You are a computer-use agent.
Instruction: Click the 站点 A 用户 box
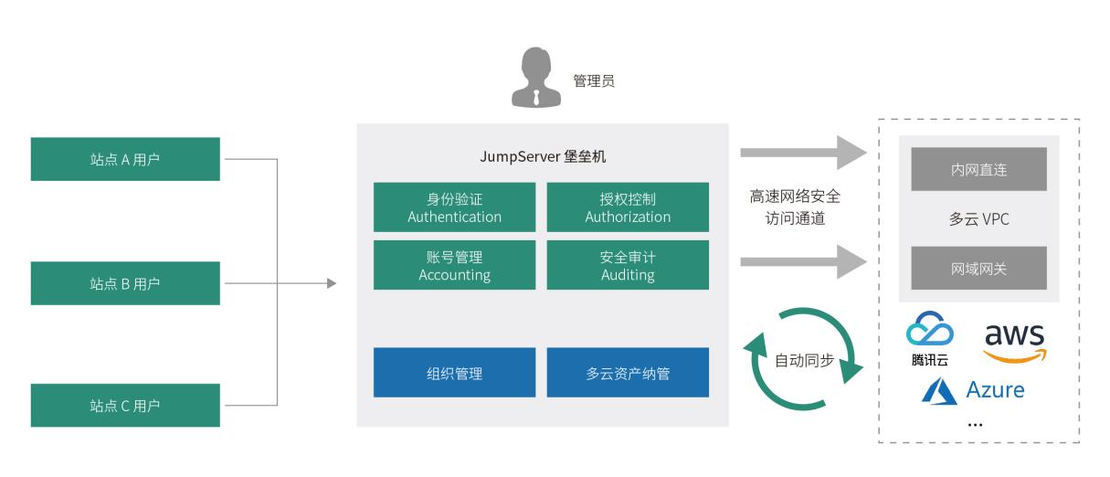point(125,159)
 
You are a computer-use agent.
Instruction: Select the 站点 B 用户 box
point(125,283)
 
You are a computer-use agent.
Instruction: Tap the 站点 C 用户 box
point(125,406)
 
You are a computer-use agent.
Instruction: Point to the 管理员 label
point(594,81)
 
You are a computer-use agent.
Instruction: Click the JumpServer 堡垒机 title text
point(543,156)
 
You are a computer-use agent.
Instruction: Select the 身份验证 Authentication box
point(454,207)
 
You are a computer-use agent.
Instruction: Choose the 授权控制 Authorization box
point(628,207)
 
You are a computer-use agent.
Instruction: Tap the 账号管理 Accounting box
point(454,265)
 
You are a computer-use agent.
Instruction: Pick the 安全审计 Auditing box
point(628,265)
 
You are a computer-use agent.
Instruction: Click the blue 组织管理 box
point(454,373)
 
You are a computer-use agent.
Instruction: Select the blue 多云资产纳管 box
point(628,373)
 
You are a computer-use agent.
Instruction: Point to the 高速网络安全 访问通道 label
point(795,207)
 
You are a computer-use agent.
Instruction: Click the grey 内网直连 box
point(978,169)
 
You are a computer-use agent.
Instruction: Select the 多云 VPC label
point(978,219)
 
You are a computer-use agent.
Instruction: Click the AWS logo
point(1015,342)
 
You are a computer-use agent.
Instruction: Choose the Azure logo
point(972,391)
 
